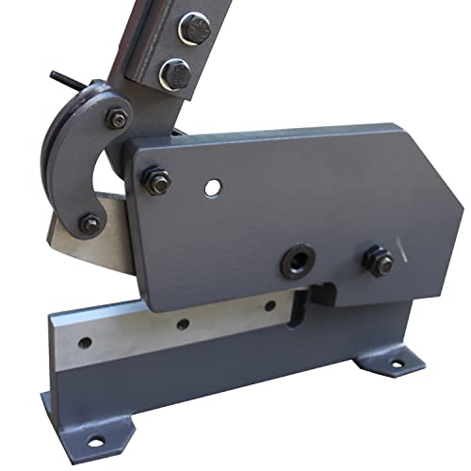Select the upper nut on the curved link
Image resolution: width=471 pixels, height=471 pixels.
[x=116, y=119]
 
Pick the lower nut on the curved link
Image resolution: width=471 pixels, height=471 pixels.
[x=89, y=224]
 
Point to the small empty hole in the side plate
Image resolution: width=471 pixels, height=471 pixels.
[x=214, y=187]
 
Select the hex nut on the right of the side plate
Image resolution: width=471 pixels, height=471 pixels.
[x=379, y=261]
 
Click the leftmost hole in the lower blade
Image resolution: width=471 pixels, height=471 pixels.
[x=86, y=343]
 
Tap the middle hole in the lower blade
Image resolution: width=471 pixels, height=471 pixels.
[x=182, y=324]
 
